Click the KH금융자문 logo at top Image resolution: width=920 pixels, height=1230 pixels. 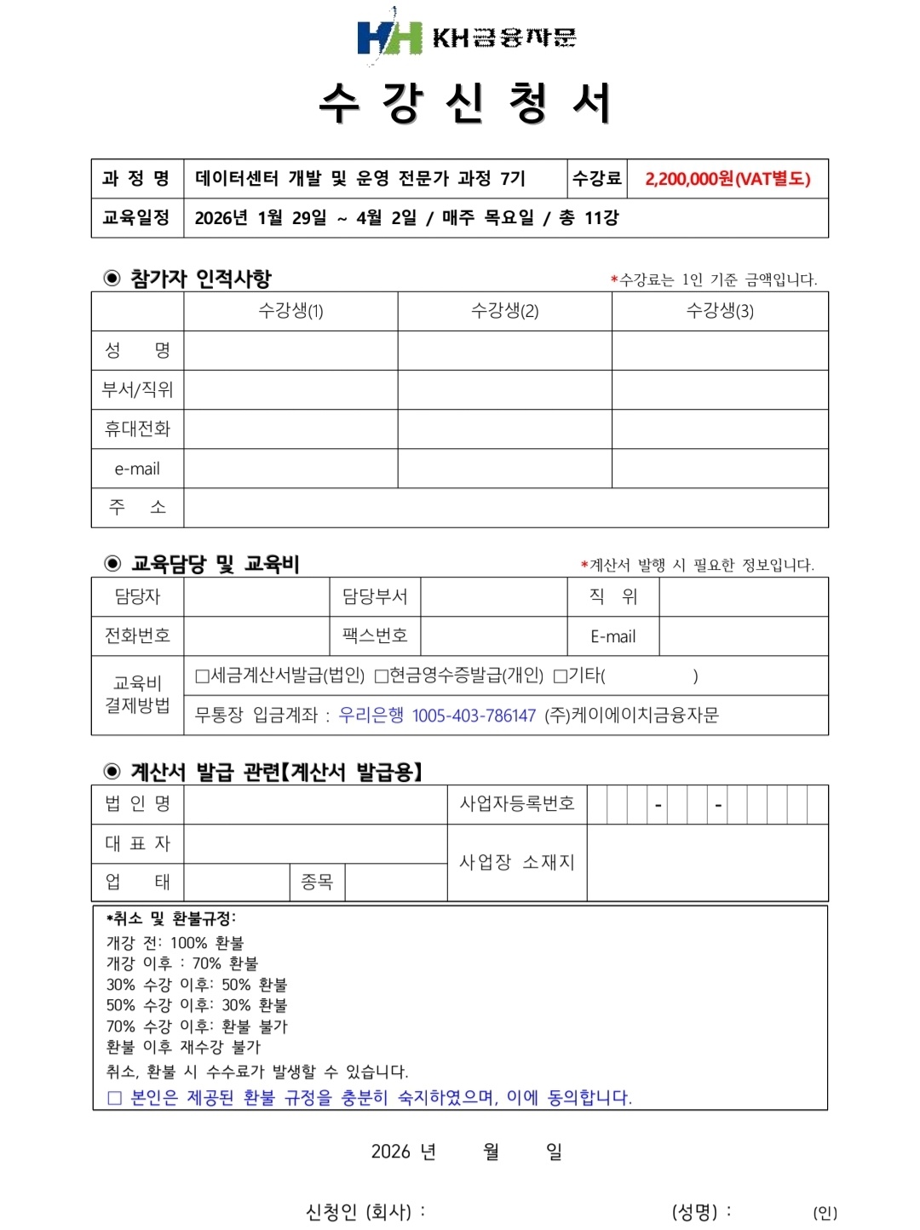coord(466,37)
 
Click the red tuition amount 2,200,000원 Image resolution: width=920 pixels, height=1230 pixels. coord(727,179)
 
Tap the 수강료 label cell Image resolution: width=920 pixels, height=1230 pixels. coord(596,179)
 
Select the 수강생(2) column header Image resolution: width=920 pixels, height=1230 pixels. coord(504,311)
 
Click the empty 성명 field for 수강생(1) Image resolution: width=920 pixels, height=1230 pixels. coord(290,350)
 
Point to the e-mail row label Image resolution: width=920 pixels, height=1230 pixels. coord(137,468)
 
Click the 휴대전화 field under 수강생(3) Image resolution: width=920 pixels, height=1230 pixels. coord(720,428)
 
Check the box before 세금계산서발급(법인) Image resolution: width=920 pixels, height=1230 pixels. coord(202,676)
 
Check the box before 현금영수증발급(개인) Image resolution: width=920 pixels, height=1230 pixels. coord(382,676)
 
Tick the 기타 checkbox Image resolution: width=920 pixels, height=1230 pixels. coord(561,676)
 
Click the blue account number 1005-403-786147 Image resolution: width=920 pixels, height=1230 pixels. coord(474,716)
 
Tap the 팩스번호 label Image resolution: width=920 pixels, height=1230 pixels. coord(375,635)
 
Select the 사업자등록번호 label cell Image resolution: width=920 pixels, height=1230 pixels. coord(517,803)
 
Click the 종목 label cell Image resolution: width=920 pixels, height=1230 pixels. coord(317,882)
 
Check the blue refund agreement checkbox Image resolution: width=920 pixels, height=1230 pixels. coord(115,1098)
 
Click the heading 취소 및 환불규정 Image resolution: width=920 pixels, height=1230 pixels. coord(170,918)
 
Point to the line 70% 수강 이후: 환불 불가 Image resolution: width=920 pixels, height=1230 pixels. coord(197,1026)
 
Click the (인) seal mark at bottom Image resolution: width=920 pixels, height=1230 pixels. coord(825,1212)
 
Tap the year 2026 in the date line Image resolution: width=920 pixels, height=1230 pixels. coord(390,1152)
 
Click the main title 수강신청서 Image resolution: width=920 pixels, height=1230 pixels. coord(465,104)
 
